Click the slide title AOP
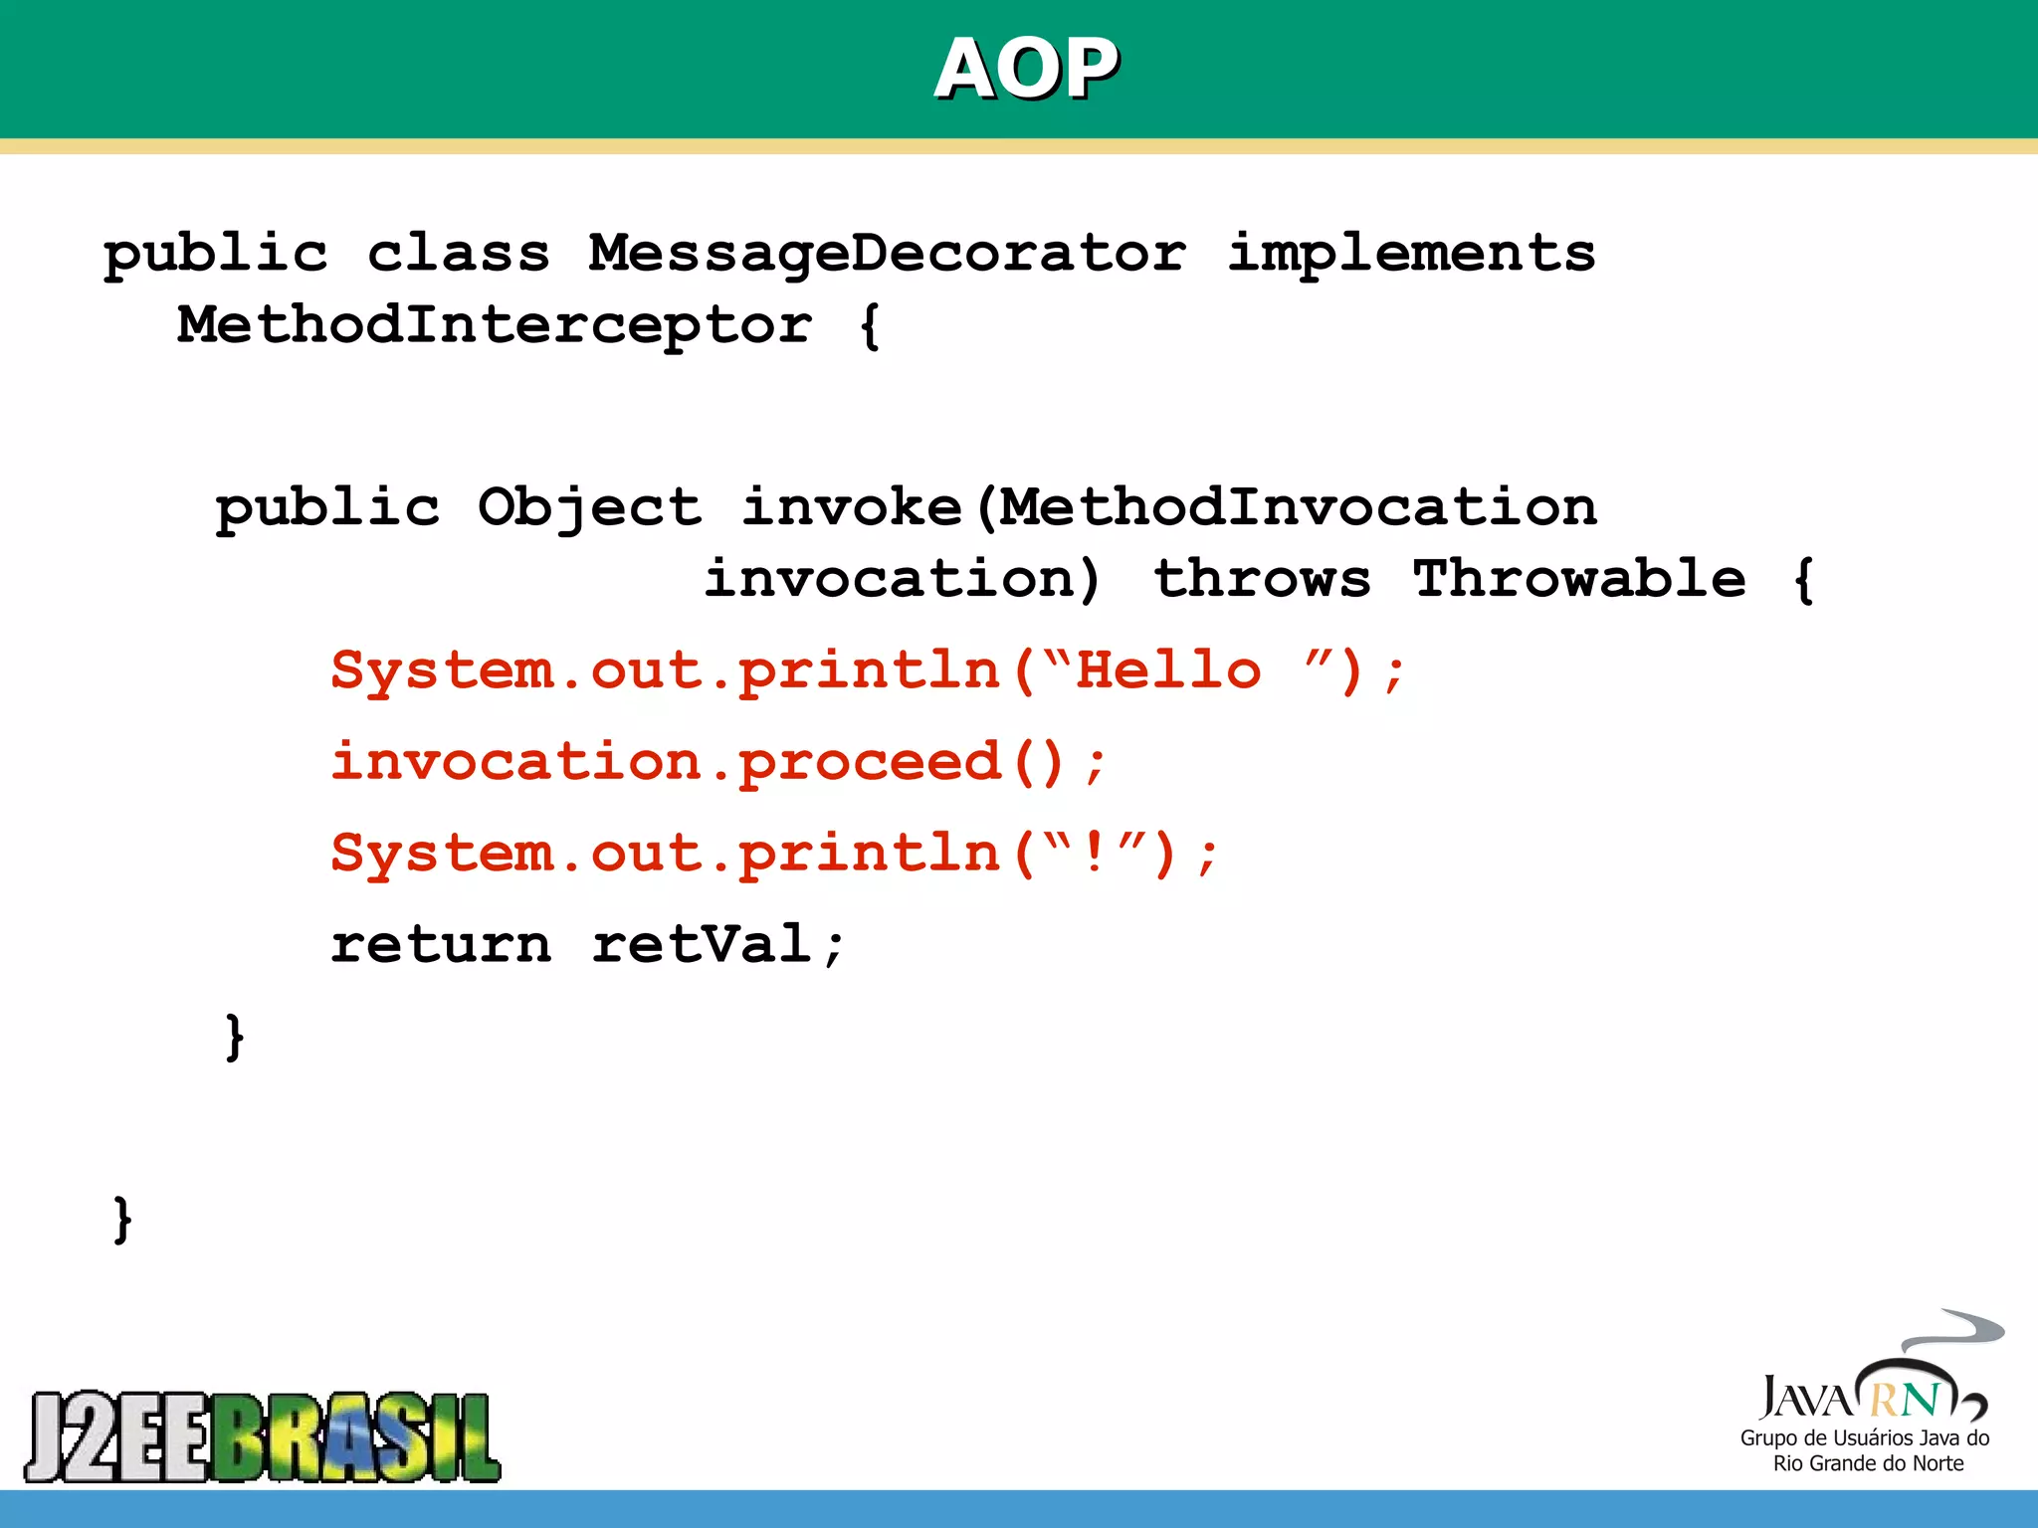click(1026, 69)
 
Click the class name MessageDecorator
click(887, 254)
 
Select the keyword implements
click(1410, 254)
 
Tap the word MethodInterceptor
click(495, 326)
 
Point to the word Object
click(589, 508)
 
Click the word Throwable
click(1578, 580)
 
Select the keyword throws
click(1262, 580)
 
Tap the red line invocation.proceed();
click(717, 763)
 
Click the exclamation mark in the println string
click(1095, 854)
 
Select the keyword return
click(441, 945)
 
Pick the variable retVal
click(702, 945)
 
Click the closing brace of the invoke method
click(235, 1038)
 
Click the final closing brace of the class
click(122, 1220)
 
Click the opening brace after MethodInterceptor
click(870, 326)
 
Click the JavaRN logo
click(1871, 1378)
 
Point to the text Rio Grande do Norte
click(1868, 1463)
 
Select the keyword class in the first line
click(459, 254)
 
